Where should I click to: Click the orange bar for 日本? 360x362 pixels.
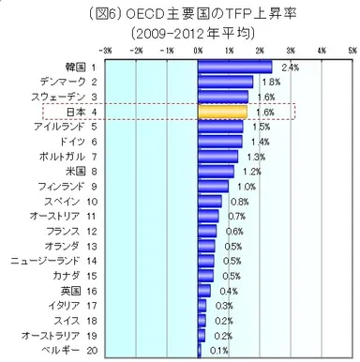pyautogui.click(x=223, y=112)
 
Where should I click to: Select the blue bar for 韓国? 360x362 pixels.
pyautogui.click(x=235, y=67)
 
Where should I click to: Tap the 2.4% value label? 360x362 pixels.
pyautogui.click(x=290, y=68)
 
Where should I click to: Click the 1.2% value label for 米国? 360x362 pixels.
pyautogui.click(x=252, y=172)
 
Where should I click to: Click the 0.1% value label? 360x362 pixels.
pyautogui.click(x=217, y=350)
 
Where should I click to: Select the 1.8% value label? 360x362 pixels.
pyautogui.click(x=271, y=83)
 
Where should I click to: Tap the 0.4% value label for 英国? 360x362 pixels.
pyautogui.click(x=228, y=291)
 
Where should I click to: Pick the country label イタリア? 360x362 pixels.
pyautogui.click(x=66, y=306)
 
